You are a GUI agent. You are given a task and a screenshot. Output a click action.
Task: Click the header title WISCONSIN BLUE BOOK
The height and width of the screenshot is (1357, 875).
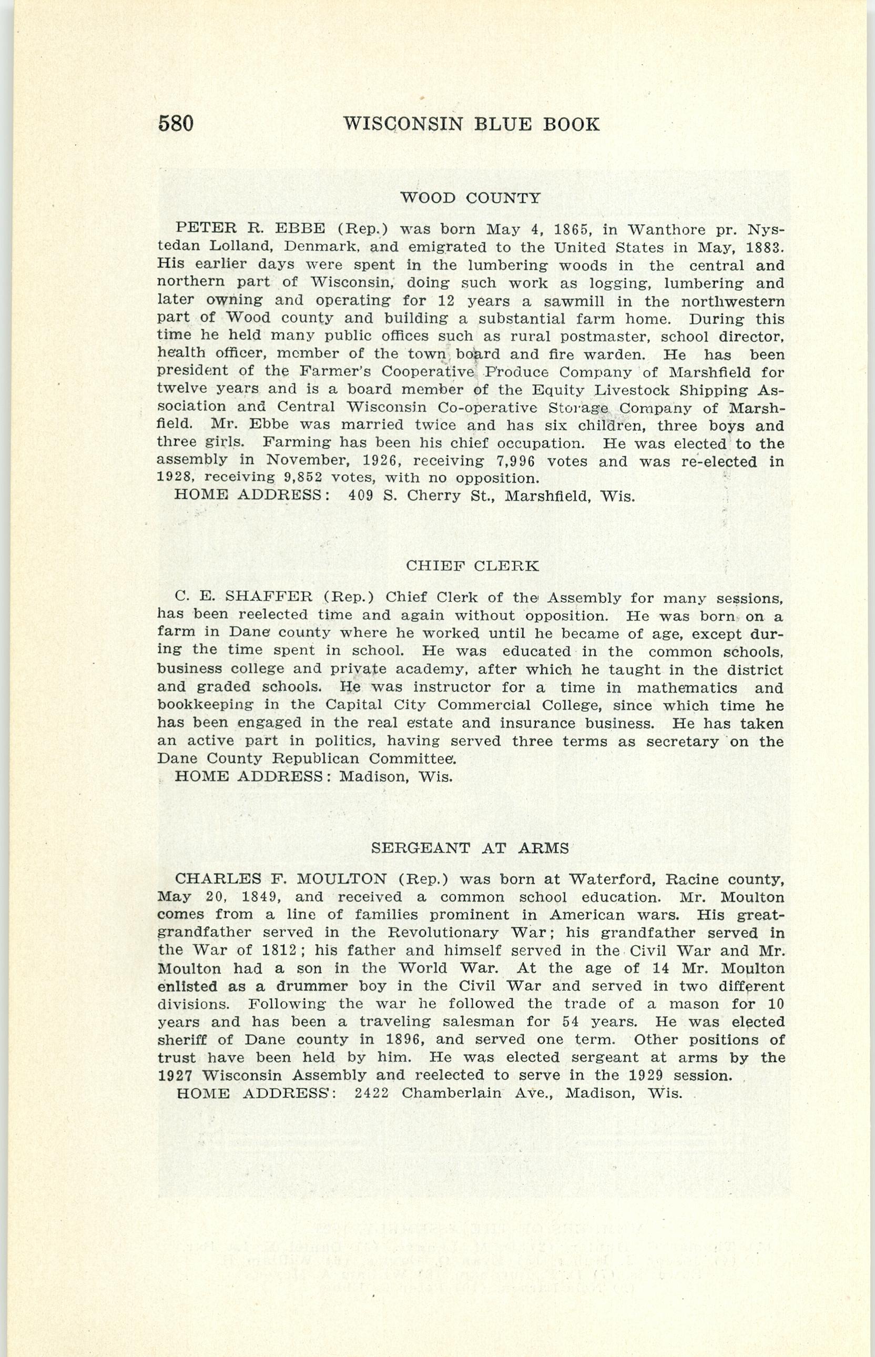471,124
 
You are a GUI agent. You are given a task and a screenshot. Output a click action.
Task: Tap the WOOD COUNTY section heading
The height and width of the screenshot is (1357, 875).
470,198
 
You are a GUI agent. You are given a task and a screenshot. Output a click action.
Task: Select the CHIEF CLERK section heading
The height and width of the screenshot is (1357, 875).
472,565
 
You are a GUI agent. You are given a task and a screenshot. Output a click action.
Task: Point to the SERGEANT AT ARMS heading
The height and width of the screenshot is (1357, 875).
470,848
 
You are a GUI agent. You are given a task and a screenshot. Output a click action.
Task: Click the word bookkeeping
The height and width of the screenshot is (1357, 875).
205,705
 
